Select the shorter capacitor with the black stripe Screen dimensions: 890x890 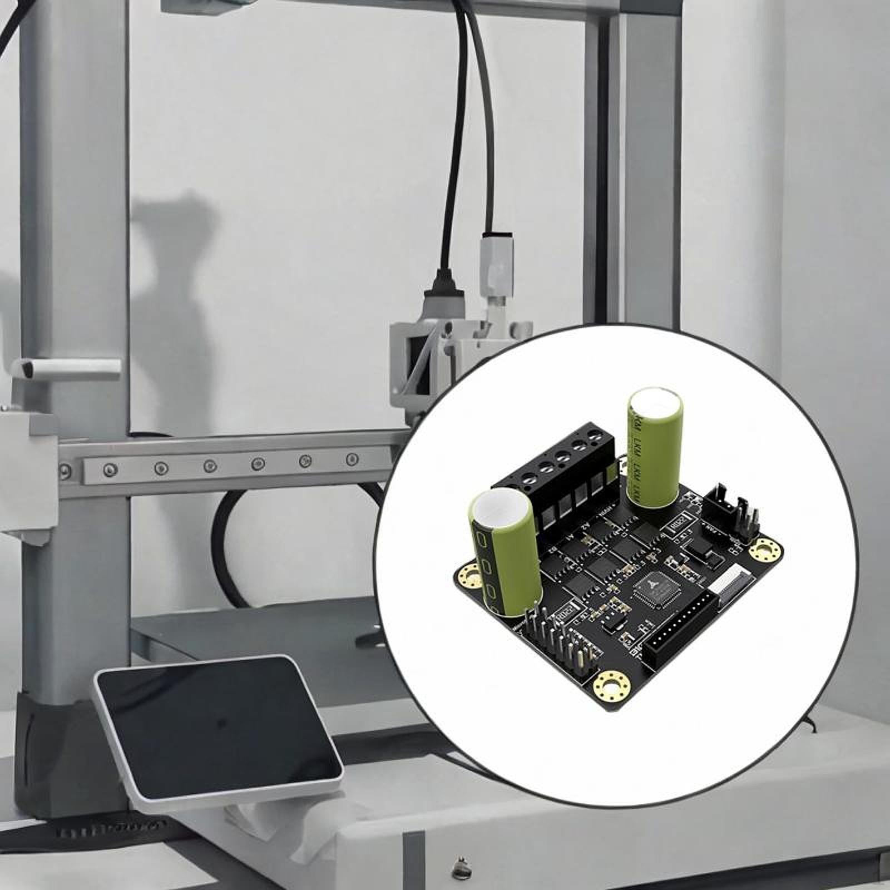click(503, 556)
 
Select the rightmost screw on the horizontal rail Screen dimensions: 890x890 click(352, 459)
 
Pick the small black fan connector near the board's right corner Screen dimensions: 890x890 click(729, 512)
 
